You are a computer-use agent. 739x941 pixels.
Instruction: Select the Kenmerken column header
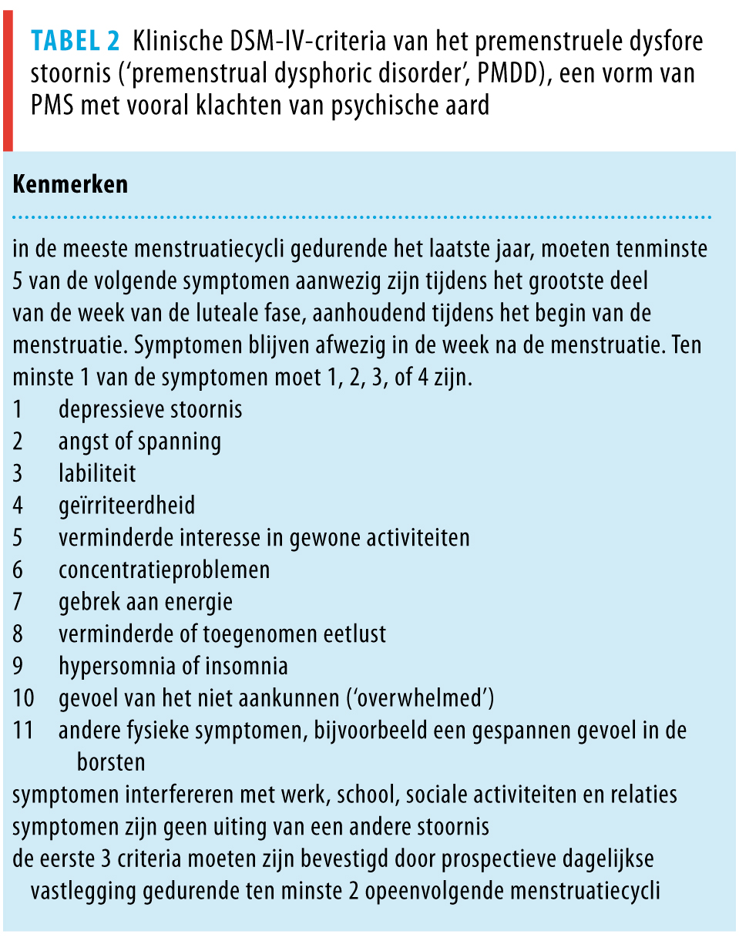pyautogui.click(x=70, y=186)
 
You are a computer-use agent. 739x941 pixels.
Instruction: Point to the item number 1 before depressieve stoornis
pyautogui.click(x=18, y=409)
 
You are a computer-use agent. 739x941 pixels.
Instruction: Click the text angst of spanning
pyautogui.click(x=139, y=442)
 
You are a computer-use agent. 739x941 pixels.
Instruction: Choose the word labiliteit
pyautogui.click(x=97, y=473)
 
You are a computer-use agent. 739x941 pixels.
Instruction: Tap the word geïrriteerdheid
pyautogui.click(x=126, y=506)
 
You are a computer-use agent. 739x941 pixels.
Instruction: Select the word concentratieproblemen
pyautogui.click(x=164, y=570)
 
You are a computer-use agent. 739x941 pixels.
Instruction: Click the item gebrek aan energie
pyautogui.click(x=145, y=601)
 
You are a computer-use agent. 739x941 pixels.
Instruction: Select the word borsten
pyautogui.click(x=111, y=762)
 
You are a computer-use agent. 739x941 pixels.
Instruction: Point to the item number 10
pyautogui.click(x=23, y=698)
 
